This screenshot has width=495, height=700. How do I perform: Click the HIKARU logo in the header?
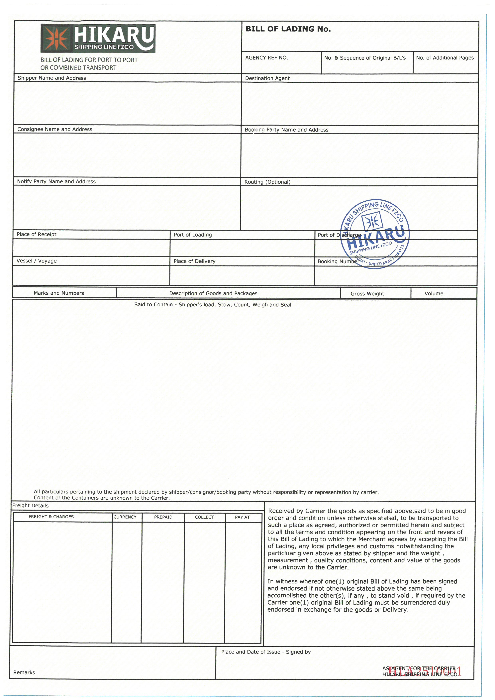98,38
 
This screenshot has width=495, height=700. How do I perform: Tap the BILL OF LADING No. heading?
288,29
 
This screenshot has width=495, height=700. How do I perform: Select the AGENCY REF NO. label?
266,58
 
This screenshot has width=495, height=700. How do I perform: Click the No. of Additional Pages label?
445,58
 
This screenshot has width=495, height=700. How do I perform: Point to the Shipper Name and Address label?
52,78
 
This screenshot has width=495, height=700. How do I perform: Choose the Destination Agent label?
267,78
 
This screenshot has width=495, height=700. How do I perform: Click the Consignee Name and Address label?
55,129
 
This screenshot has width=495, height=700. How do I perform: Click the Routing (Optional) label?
267,182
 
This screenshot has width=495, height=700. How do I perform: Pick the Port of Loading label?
193,235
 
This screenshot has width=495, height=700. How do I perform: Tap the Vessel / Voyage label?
37,261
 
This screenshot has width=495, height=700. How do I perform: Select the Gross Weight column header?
367,294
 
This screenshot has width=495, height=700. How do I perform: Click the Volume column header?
434,294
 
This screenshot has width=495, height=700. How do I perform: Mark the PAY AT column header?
242,517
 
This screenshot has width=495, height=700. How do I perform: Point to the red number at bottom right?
425,671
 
